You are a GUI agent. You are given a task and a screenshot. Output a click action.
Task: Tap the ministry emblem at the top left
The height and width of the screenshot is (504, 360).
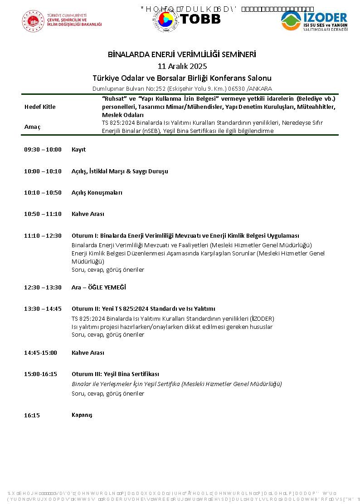click(x=33, y=21)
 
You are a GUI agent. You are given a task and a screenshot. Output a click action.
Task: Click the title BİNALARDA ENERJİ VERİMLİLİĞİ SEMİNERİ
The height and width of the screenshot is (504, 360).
click(x=182, y=54)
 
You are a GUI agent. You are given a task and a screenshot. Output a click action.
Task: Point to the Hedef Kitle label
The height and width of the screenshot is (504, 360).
click(x=40, y=107)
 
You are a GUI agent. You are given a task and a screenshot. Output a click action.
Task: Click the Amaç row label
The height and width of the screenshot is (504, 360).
click(x=32, y=127)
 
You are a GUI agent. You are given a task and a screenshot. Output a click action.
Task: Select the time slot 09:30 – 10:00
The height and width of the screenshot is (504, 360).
click(x=43, y=150)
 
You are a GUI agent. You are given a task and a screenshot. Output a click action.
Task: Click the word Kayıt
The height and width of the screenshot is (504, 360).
click(x=78, y=150)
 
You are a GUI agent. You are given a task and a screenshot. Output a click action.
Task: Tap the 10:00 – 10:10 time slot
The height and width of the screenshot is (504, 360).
click(x=43, y=171)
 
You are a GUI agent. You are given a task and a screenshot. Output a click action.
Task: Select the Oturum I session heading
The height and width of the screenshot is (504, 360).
click(x=185, y=236)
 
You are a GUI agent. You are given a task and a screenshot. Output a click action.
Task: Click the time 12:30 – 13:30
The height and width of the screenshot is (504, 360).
click(x=43, y=288)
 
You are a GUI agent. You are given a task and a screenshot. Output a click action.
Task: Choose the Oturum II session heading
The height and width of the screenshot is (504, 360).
click(x=143, y=309)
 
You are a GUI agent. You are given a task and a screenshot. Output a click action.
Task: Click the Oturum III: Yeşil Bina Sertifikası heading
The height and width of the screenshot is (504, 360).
click(x=115, y=374)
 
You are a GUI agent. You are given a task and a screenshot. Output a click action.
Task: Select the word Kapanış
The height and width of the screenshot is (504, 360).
click(x=82, y=415)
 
